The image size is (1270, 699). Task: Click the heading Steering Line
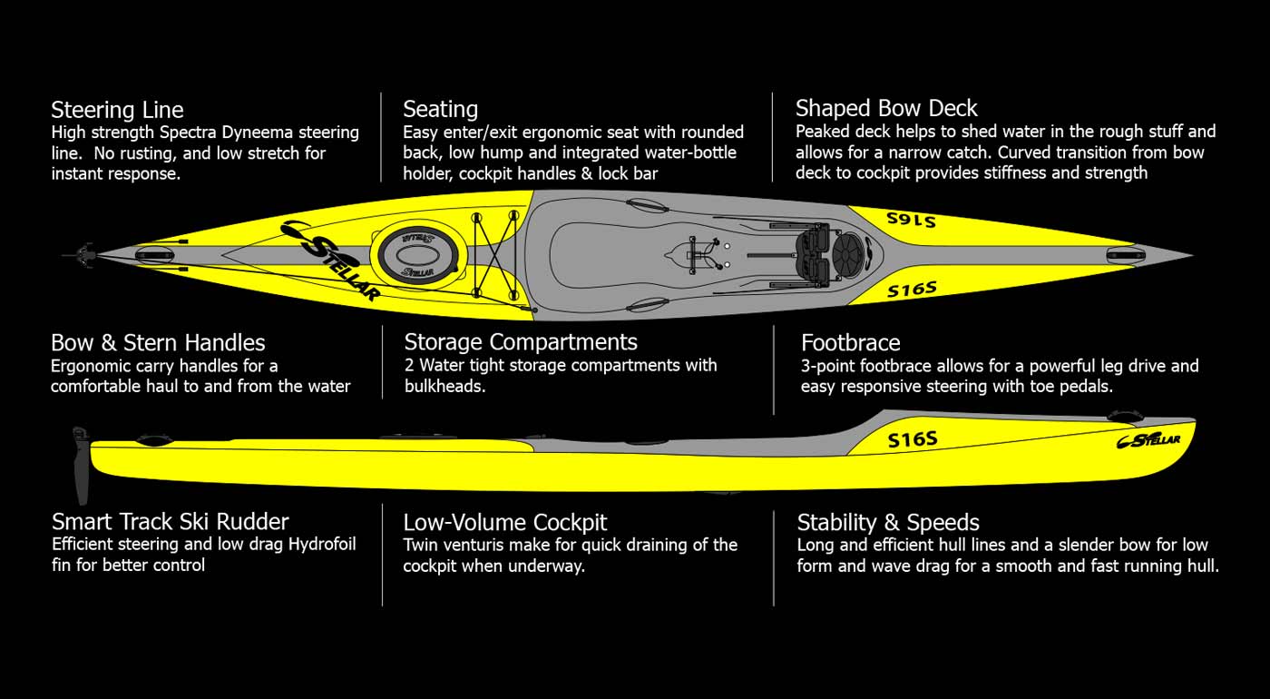click(117, 111)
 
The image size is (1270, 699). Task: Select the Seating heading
click(440, 110)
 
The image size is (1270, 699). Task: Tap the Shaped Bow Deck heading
click(886, 109)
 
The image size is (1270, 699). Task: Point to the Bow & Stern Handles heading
click(158, 343)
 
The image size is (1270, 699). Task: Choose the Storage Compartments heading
click(521, 342)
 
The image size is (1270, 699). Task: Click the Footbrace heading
click(850, 343)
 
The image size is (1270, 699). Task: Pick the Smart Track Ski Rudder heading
click(170, 522)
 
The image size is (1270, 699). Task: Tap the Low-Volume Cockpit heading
click(505, 523)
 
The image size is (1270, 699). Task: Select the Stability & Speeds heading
click(888, 523)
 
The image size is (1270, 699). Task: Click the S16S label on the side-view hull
click(912, 440)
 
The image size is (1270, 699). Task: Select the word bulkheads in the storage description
click(445, 386)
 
